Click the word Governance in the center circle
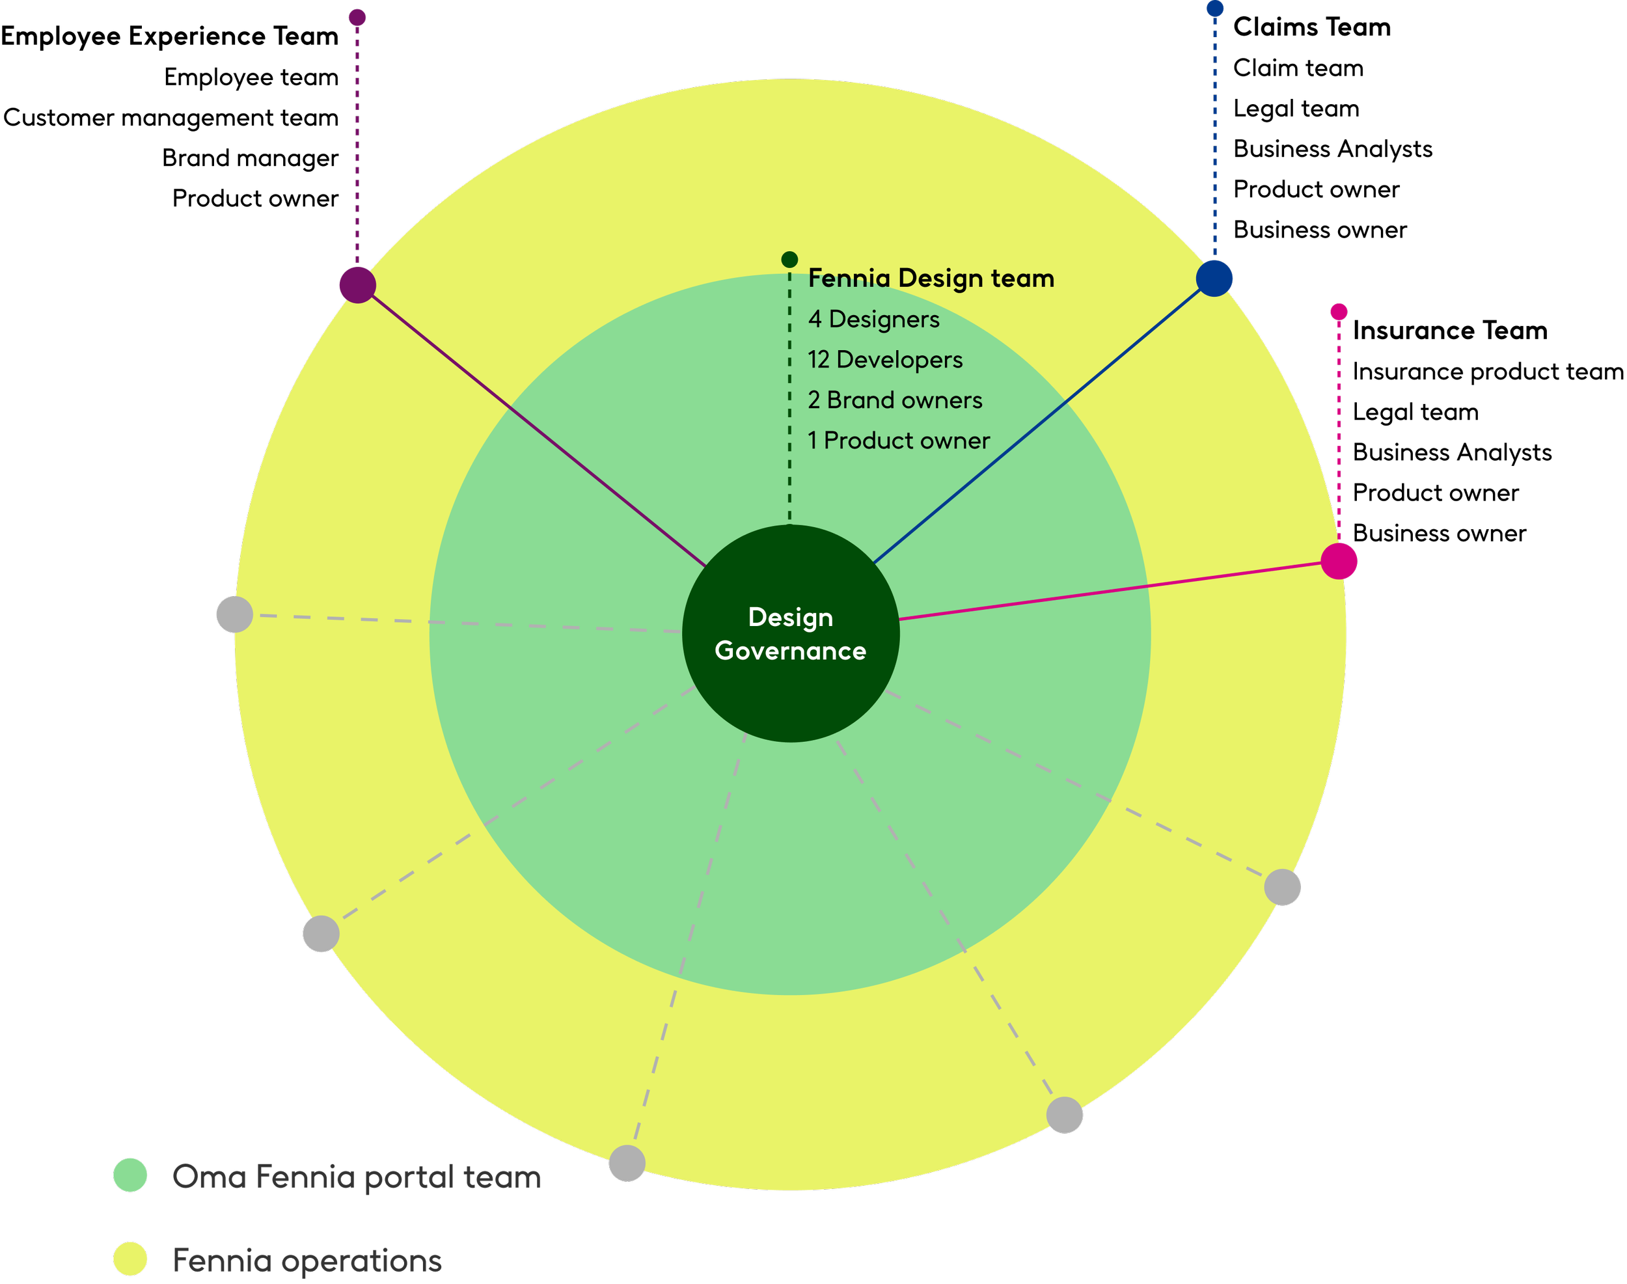coord(790,651)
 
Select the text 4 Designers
coord(873,320)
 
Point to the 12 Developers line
coord(885,360)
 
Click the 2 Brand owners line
coord(895,401)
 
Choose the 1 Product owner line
coord(899,441)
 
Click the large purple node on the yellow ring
coord(358,285)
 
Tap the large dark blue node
coord(1214,278)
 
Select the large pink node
coord(1339,561)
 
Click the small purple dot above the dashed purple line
coord(358,18)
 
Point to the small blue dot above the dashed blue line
coord(1215,9)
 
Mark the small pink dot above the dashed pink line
coord(1339,311)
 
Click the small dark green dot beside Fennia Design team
coord(789,260)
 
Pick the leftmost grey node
coord(234,614)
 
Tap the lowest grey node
coord(627,1164)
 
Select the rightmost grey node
coord(1283,887)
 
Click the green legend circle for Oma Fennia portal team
coord(131,1175)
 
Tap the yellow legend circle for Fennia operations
coord(131,1259)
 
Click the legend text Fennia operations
coord(307,1261)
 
